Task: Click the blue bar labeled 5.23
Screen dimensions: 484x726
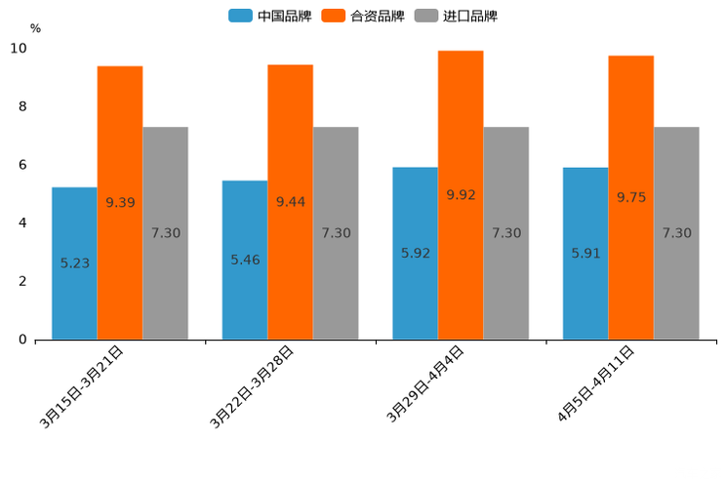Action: (x=74, y=263)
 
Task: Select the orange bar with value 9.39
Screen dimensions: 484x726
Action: (x=120, y=203)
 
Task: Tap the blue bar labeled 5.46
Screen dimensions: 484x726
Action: (x=245, y=260)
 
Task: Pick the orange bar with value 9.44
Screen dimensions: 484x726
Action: (x=291, y=202)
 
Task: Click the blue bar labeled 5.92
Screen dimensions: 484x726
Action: (x=415, y=253)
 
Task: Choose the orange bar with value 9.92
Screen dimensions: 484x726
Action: (x=461, y=195)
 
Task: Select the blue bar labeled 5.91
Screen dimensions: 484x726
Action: (x=585, y=253)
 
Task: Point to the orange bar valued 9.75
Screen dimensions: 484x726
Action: (x=631, y=197)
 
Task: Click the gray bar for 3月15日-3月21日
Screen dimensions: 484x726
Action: (x=165, y=233)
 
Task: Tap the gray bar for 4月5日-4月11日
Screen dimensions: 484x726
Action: (x=676, y=233)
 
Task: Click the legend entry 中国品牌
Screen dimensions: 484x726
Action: (x=270, y=16)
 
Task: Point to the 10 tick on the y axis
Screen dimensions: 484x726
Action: (x=19, y=49)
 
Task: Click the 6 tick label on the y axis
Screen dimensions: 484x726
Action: (x=22, y=165)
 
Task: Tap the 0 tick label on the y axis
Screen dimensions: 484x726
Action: (x=22, y=340)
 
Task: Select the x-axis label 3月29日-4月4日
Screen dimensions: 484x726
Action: (x=424, y=384)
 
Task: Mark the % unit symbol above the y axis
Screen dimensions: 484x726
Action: (x=35, y=29)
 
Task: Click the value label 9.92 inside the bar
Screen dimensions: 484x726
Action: (x=461, y=195)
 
